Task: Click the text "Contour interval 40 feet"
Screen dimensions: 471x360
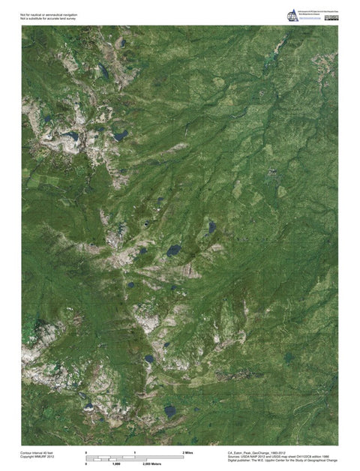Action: point(38,453)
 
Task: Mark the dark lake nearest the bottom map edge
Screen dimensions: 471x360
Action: point(169,411)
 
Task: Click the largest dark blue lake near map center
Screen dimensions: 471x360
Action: point(173,249)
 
